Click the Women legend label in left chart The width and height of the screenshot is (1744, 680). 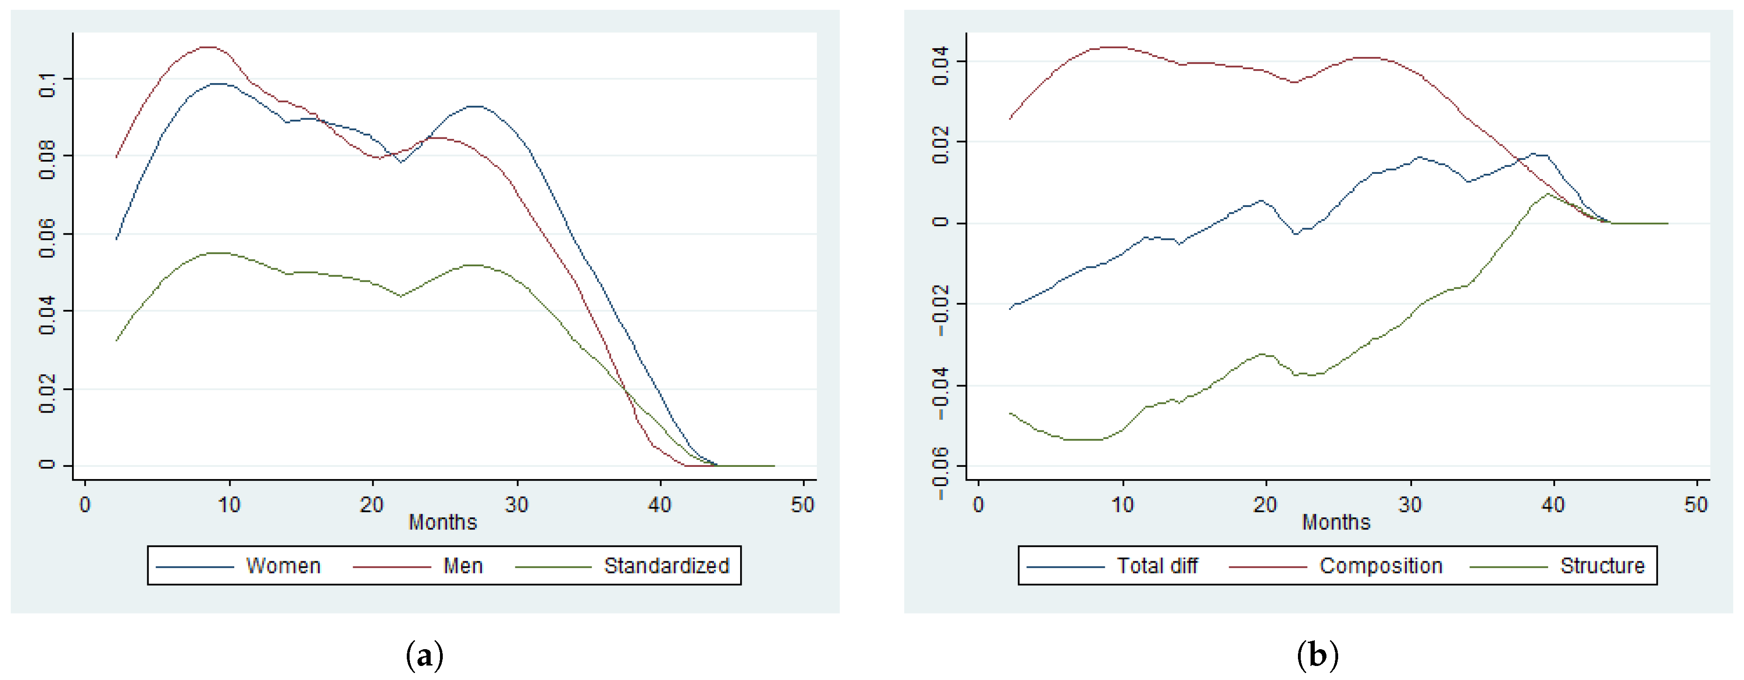point(283,565)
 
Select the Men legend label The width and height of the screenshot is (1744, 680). point(463,565)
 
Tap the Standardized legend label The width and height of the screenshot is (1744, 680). point(666,565)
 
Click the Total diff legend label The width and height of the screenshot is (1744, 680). point(1157,565)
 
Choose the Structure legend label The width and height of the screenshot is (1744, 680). point(1602,565)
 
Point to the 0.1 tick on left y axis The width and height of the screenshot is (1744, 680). point(47,86)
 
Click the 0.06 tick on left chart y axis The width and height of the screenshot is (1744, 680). point(47,238)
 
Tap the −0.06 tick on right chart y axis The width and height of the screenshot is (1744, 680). point(940,473)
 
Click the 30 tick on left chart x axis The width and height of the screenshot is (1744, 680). point(517,505)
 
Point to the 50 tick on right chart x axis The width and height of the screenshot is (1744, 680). point(1695,505)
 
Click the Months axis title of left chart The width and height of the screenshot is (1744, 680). point(443,523)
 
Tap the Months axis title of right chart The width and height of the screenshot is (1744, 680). point(1336,523)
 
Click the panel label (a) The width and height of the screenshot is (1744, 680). point(425,655)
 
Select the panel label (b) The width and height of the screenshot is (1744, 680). point(1318,655)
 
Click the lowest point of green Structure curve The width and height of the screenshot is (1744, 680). point(1083,440)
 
